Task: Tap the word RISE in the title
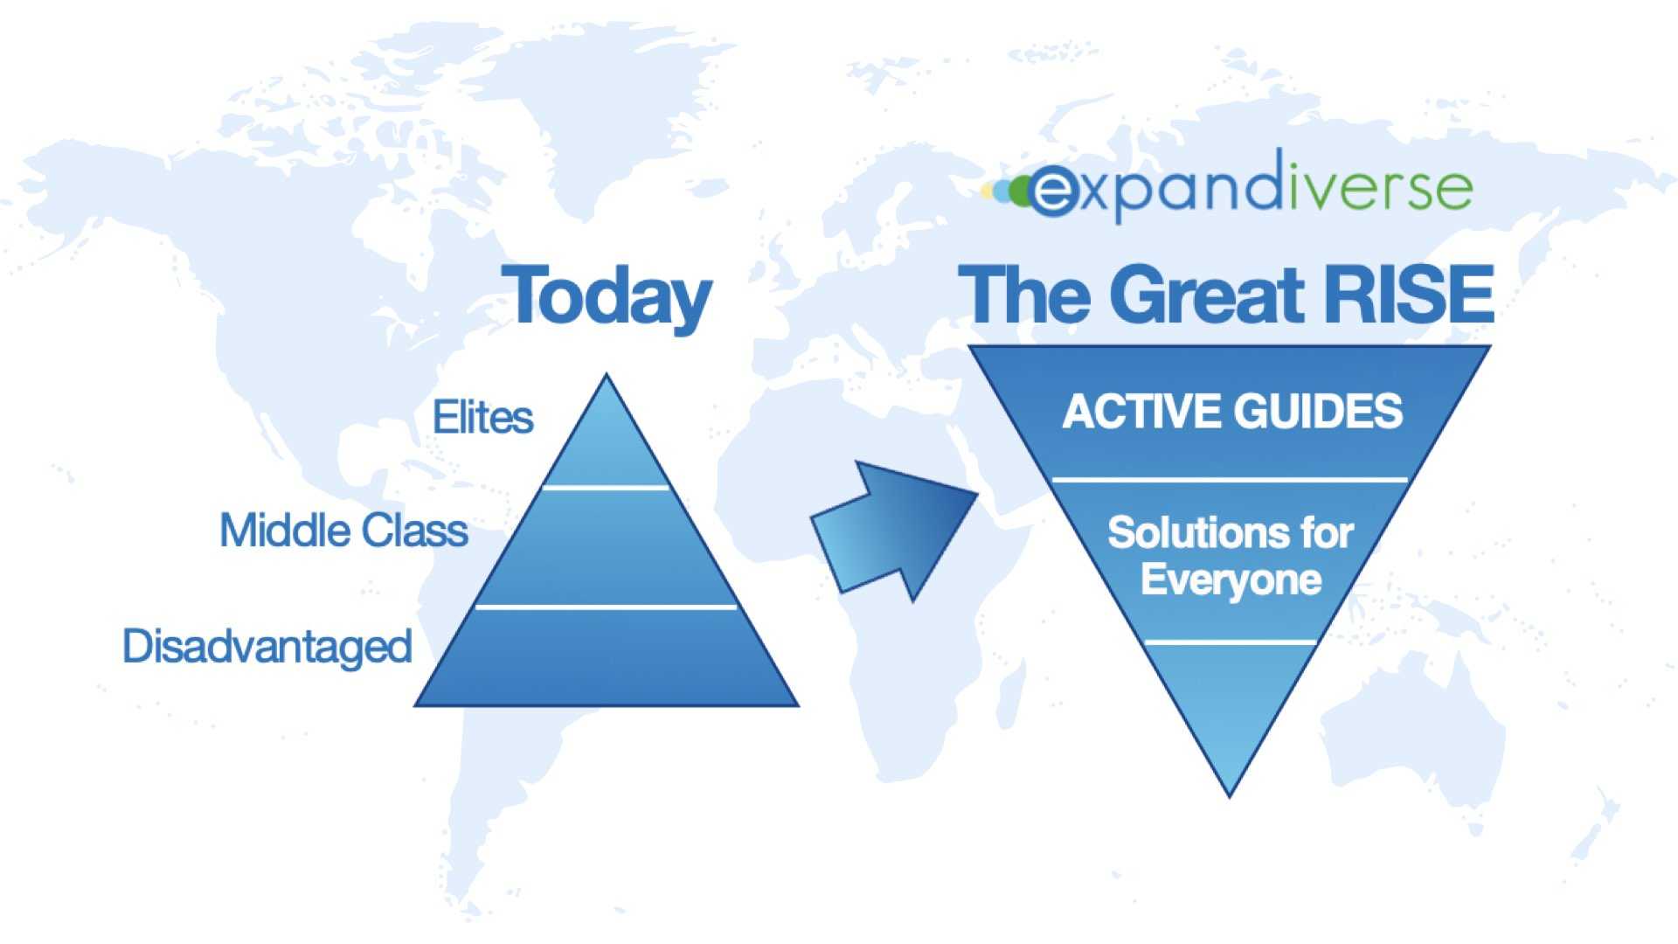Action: click(1408, 295)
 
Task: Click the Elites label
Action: click(482, 417)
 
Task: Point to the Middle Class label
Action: click(343, 531)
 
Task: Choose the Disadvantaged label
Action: click(267, 647)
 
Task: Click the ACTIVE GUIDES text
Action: click(1232, 411)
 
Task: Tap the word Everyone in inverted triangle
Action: click(1231, 580)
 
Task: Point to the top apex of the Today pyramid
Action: click(606, 374)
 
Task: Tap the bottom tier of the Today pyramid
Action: click(607, 657)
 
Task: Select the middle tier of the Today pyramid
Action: click(607, 547)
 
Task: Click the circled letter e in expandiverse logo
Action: click(1053, 191)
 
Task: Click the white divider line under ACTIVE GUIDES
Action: click(1230, 480)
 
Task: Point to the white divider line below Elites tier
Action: click(606, 488)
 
